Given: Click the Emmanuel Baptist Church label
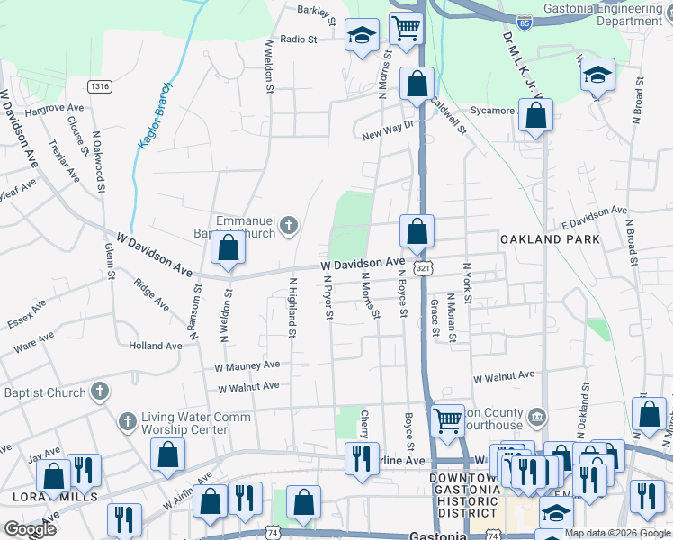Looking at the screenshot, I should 245,227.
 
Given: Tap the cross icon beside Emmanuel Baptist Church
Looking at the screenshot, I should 289,225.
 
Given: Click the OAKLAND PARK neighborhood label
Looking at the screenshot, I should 550,239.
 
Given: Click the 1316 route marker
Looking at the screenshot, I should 100,86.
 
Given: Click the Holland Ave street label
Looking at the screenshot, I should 155,346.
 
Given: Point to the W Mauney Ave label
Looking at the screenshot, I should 247,366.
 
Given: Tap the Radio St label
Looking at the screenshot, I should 299,40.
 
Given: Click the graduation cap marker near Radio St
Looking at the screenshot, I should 362,37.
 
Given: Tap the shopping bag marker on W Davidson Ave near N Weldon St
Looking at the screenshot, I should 229,247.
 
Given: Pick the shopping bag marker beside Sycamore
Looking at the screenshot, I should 535,116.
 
